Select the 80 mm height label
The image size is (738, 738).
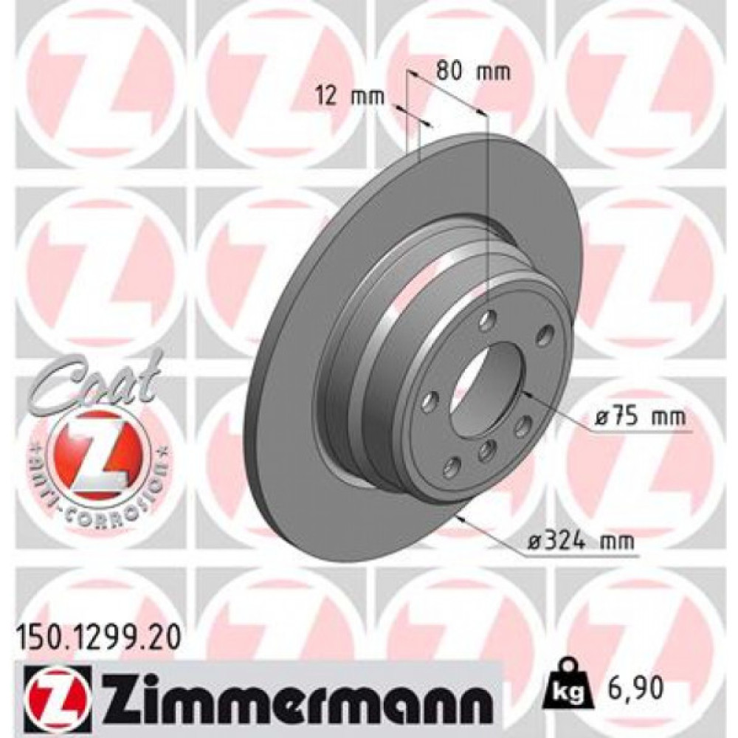pos(472,72)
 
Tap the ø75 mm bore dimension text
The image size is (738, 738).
pos(639,418)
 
